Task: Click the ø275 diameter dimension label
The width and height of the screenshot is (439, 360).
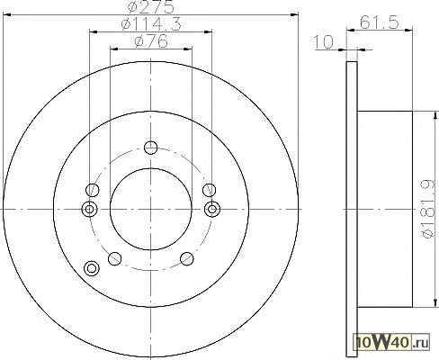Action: click(x=150, y=6)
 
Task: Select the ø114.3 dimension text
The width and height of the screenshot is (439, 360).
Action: click(x=151, y=24)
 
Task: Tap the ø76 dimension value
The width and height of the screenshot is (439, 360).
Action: click(x=151, y=41)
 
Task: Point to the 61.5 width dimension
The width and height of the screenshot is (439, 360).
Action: click(x=380, y=22)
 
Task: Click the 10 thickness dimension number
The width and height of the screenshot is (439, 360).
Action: click(x=323, y=41)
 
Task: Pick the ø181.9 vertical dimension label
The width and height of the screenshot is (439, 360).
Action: click(x=428, y=209)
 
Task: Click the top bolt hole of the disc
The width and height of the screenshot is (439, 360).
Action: click(x=150, y=148)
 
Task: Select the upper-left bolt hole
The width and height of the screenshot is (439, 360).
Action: click(x=93, y=190)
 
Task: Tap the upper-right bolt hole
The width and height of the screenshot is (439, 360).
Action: click(x=209, y=190)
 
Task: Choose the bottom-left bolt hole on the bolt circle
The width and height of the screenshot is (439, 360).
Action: click(x=114, y=258)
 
